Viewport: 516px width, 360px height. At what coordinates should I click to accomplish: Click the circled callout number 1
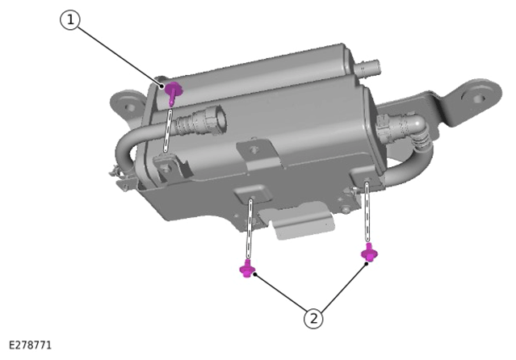point(70,20)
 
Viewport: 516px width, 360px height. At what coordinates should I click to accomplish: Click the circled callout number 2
point(313,319)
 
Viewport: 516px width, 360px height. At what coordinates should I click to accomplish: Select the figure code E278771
point(30,345)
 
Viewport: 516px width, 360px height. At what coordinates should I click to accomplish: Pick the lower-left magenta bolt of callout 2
point(247,269)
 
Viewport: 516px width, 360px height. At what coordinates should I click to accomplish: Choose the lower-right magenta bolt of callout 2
point(369,253)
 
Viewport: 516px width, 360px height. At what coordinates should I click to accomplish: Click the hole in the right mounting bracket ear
point(478,98)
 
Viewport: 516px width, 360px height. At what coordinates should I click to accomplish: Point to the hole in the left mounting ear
point(130,107)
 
